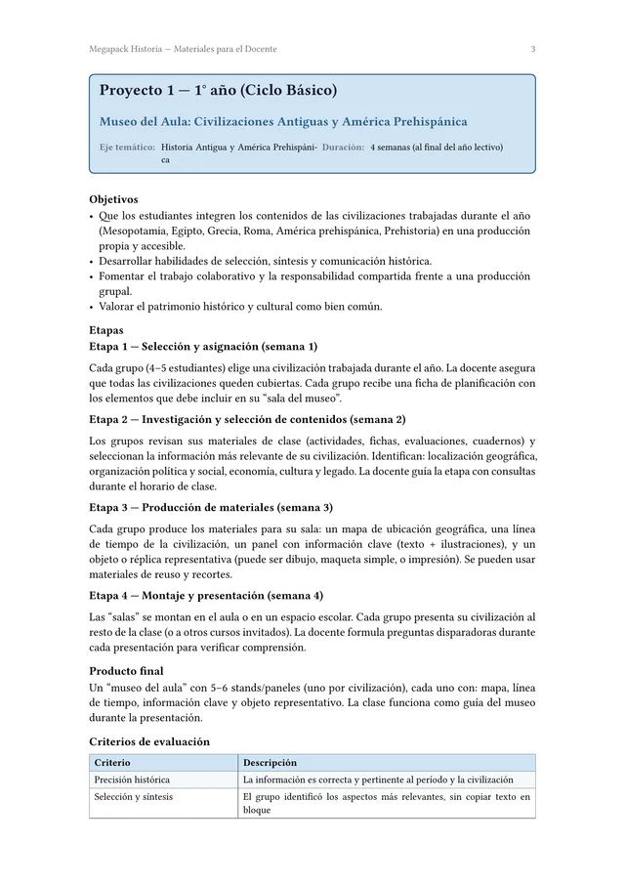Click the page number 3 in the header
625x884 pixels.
pos(532,49)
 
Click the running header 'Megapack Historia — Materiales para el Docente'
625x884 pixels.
pos(183,49)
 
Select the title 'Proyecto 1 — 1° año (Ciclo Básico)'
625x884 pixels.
pos(218,91)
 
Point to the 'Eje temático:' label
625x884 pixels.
pos(127,147)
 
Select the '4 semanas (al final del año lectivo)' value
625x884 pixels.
pos(437,147)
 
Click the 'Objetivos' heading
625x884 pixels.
pos(113,199)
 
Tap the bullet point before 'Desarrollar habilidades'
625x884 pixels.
pos(92,262)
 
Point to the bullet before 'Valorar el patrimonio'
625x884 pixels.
pos(92,307)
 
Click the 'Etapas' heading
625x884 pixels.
pos(106,330)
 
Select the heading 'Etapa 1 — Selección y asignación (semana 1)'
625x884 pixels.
pos(203,347)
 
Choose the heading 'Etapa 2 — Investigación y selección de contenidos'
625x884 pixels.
pos(247,419)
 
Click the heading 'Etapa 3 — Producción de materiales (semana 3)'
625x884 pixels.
pos(211,507)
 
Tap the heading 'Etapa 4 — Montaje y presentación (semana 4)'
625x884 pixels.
pos(206,595)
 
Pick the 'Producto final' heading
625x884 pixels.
pos(126,671)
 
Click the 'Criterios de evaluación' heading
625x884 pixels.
pos(149,741)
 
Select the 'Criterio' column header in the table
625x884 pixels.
pos(112,763)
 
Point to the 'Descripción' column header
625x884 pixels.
pos(270,763)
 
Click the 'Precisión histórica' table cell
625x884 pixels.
pos(132,779)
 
